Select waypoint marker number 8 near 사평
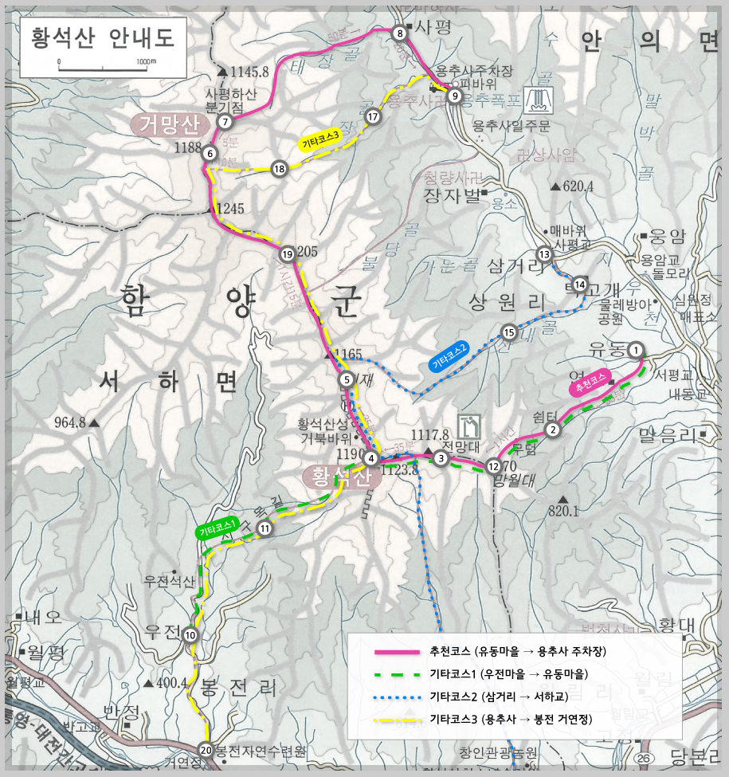tap(400, 33)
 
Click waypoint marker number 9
tap(454, 96)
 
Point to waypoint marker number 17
tap(373, 116)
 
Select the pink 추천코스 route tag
tap(589, 383)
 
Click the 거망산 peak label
tap(169, 124)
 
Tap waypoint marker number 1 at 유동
tap(636, 349)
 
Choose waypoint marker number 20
tap(206, 750)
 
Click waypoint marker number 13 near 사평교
tap(545, 255)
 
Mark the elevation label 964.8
tap(70, 423)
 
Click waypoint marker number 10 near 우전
tap(190, 635)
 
